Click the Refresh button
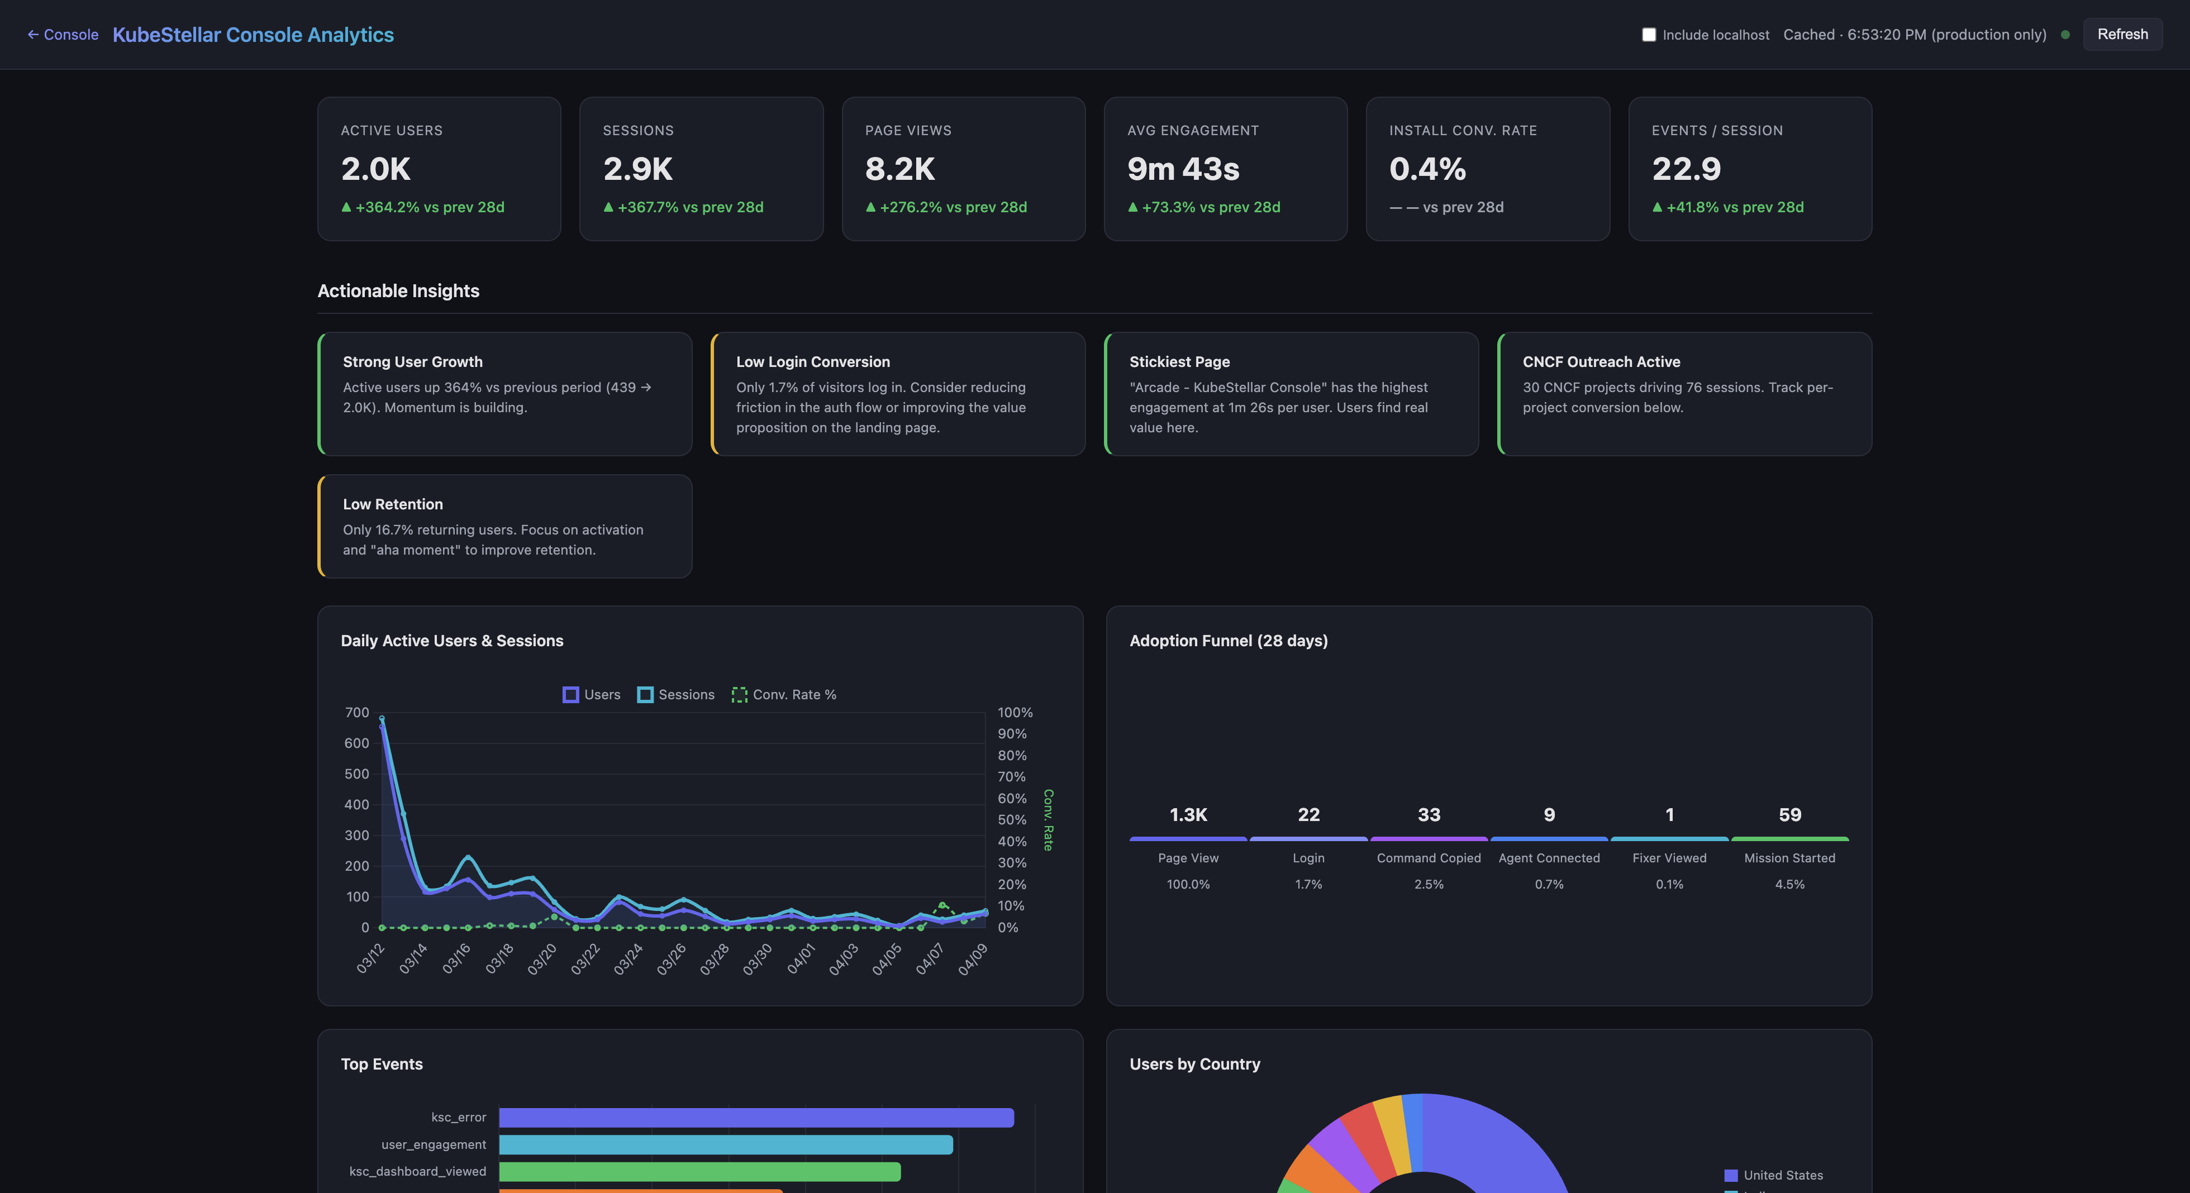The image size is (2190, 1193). click(2122, 34)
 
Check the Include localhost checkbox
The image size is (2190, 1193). click(1649, 35)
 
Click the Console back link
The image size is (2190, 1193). click(63, 35)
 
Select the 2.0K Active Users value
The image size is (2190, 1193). click(376, 169)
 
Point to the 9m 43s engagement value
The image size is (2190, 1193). click(1183, 169)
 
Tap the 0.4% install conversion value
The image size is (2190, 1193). click(1427, 169)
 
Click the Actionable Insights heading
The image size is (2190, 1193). click(398, 290)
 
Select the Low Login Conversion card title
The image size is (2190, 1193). click(813, 362)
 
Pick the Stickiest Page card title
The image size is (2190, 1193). click(1179, 362)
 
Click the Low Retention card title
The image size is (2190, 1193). click(393, 504)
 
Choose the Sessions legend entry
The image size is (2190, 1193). click(676, 695)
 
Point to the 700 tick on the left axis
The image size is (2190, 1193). click(357, 712)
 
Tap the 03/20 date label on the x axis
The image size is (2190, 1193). click(542, 958)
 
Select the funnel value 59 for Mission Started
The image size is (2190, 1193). click(1789, 815)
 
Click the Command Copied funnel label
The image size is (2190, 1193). click(1429, 858)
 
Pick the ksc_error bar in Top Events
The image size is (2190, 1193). click(756, 1118)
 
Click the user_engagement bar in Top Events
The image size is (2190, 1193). click(725, 1144)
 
